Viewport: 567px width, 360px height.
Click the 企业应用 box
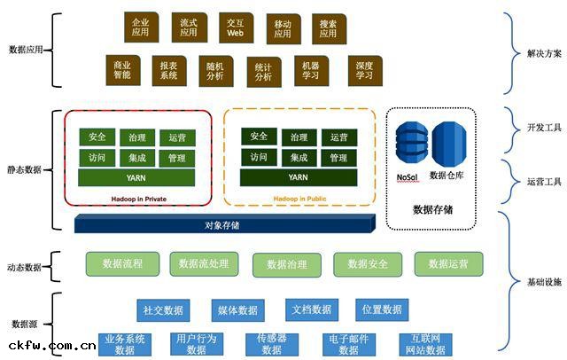[x=140, y=27]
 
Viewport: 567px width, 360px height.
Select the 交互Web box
[x=235, y=27]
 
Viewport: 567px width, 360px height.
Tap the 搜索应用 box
[x=329, y=28]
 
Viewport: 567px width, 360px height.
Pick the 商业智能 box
[x=122, y=70]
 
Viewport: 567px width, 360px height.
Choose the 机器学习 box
[x=310, y=71]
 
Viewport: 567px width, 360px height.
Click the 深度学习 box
[x=364, y=71]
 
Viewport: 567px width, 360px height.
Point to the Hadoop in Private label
[x=139, y=198]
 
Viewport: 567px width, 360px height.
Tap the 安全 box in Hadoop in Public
[x=259, y=137]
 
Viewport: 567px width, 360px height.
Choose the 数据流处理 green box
[x=203, y=263]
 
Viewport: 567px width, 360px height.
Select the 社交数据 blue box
[x=163, y=309]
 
